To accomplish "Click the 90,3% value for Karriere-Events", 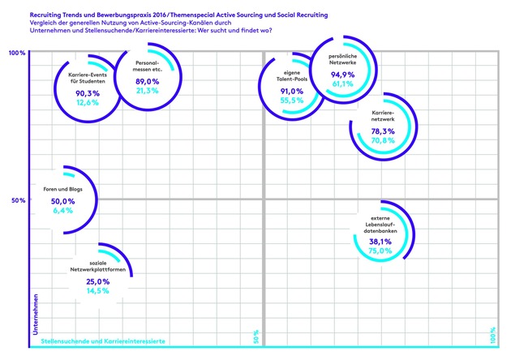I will click(86, 93).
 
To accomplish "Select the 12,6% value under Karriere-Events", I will click(86, 103).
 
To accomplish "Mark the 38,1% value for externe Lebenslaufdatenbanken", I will click(380, 241).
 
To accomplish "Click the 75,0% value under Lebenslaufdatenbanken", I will click(380, 251).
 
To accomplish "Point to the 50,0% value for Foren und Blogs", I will click(62, 200).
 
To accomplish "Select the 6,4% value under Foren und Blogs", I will click(62, 210).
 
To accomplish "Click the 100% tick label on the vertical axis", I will click(17, 54).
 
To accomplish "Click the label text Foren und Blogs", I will click(62, 190).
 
